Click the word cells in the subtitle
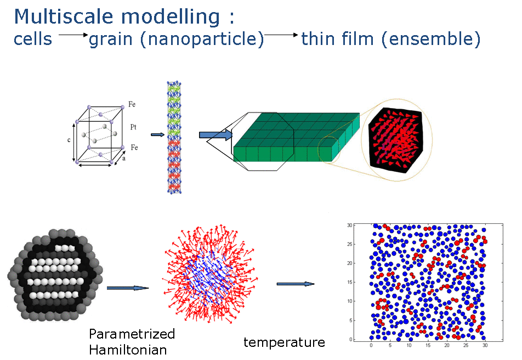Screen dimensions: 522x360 [33, 39]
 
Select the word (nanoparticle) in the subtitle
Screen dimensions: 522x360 [202, 40]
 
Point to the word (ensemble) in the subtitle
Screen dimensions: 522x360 [431, 39]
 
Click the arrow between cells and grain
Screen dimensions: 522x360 [73, 35]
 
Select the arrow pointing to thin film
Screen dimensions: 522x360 [281, 35]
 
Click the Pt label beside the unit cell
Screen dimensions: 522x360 [133, 127]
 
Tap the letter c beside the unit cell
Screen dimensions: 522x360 [69, 140]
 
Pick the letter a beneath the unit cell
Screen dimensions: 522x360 [124, 159]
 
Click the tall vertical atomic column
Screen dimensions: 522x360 [174, 137]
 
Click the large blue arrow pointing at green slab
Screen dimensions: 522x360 [215, 134]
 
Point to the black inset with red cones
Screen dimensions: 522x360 [396, 140]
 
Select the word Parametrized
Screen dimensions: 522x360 [132, 334]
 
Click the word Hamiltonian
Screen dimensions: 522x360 [128, 350]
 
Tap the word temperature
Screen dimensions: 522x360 [284, 342]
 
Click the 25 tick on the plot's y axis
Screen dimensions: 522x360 [349, 244]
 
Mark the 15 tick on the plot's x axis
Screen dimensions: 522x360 [428, 345]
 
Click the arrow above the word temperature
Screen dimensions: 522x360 [296, 284]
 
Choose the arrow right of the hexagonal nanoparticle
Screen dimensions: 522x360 [128, 288]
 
